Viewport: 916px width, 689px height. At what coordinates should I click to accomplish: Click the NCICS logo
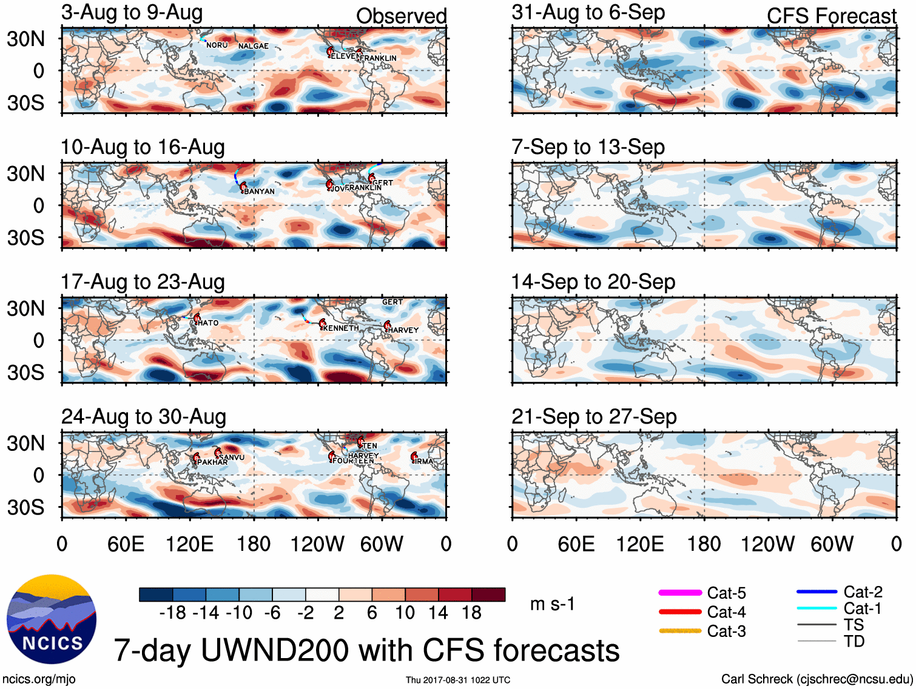52,619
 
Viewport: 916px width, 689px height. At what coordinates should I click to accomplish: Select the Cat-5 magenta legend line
680,593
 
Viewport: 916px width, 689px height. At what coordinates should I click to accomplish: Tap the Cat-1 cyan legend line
817,608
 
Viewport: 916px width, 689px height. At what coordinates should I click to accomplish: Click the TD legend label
854,641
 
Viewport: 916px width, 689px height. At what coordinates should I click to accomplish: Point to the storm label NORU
217,45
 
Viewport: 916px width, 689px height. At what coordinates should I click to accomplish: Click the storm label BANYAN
259,191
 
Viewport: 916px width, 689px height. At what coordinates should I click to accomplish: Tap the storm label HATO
208,323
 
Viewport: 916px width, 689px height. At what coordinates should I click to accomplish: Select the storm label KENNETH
341,328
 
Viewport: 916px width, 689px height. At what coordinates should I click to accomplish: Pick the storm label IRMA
424,462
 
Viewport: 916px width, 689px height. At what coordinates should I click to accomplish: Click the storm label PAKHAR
212,462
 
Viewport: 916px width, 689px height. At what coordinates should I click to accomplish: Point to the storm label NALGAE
253,46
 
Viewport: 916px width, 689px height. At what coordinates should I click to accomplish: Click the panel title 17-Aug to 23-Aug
143,282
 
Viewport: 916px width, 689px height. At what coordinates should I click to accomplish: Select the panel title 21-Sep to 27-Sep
594,417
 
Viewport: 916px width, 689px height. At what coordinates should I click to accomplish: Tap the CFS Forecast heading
831,16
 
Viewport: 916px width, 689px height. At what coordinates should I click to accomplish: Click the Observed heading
401,16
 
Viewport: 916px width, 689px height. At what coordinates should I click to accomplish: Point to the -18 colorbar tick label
172,613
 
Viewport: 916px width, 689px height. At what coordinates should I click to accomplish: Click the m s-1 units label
552,604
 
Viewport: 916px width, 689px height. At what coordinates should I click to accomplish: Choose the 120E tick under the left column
189,544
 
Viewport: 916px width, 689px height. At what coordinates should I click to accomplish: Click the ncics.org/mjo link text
39,679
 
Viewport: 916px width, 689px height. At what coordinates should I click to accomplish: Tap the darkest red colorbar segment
488,594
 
